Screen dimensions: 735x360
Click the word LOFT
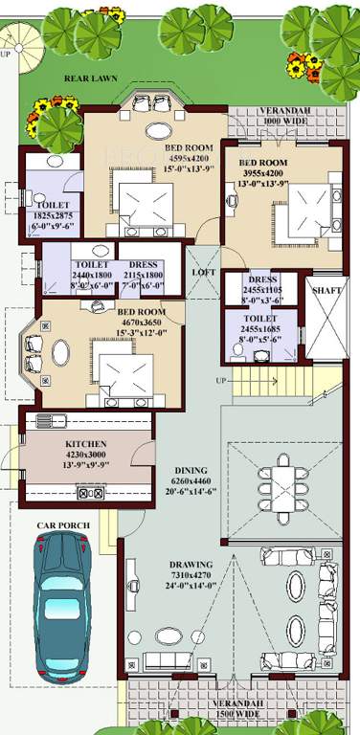point(204,273)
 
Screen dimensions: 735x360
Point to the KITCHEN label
point(85,445)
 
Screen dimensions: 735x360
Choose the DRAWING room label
point(190,564)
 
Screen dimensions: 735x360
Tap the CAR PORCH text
point(63,525)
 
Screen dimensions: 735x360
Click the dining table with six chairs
point(284,479)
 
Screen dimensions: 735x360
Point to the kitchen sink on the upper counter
point(48,421)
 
